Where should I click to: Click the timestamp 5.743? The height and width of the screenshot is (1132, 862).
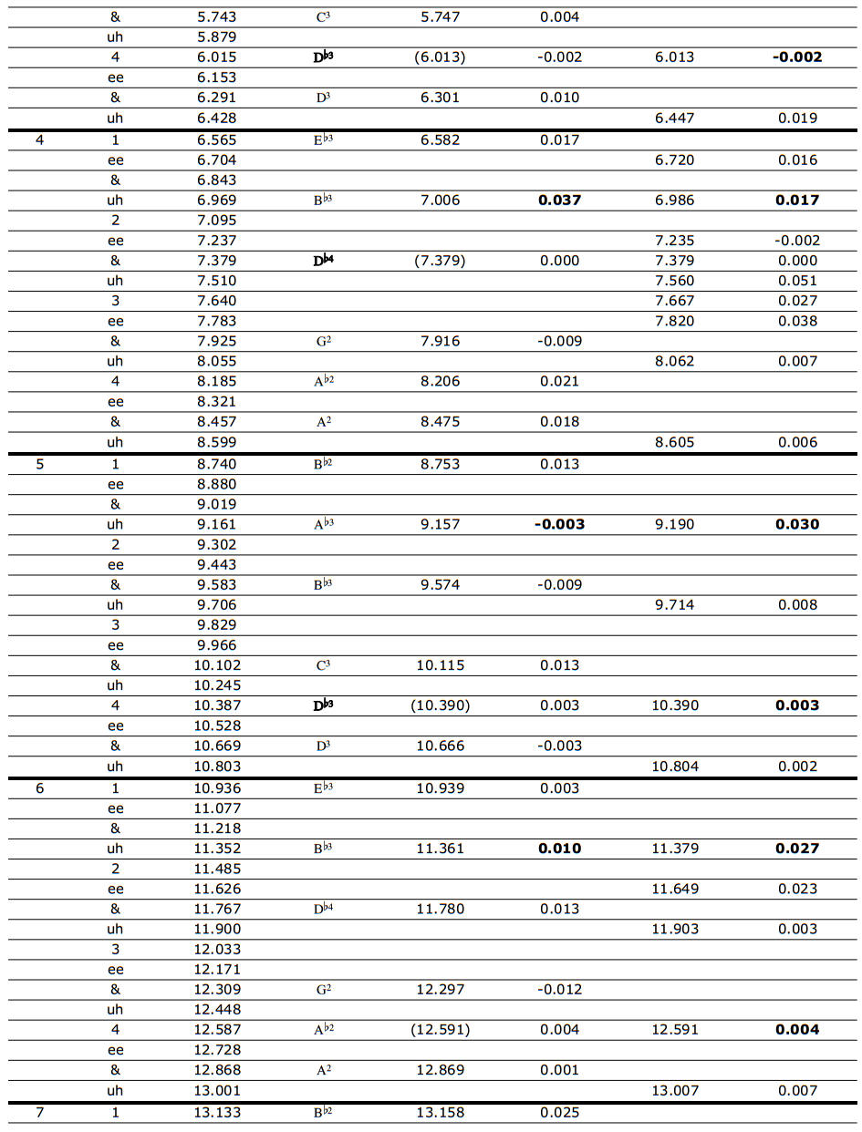pos(216,16)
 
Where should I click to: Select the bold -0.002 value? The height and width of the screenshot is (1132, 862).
pos(797,57)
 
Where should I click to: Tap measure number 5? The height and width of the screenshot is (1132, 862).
pos(39,464)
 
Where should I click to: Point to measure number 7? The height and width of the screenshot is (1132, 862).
pos(39,1112)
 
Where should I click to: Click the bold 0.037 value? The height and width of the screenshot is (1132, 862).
pos(559,200)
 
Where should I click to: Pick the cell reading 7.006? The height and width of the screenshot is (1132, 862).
pos(441,200)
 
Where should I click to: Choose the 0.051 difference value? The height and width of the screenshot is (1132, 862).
pos(797,281)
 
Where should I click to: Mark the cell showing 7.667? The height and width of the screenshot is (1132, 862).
pos(674,301)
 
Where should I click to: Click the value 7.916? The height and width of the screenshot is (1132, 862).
pos(441,341)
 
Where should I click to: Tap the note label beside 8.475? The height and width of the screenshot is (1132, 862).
pos(323,422)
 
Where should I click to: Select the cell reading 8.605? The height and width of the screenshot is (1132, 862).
pos(674,442)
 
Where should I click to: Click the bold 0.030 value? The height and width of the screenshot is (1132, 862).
pos(797,524)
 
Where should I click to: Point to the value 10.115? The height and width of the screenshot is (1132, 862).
pos(441,665)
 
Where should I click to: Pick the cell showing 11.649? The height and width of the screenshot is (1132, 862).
pos(674,889)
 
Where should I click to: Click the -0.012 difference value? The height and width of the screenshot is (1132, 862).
pos(559,989)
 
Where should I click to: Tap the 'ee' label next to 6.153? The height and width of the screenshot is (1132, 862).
pos(115,77)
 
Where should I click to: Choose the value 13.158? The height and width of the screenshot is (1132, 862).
pos(441,1112)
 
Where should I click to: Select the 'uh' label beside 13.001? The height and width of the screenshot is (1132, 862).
pos(115,1090)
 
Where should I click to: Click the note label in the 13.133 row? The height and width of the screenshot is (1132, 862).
pos(323,1112)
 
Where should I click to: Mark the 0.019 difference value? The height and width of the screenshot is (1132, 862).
pos(797,118)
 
